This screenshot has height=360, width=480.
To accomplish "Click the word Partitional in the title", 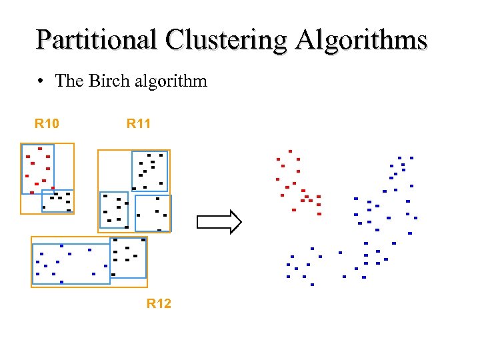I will pos(97,40).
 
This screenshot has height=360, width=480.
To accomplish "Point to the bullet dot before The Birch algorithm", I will pos(41,82).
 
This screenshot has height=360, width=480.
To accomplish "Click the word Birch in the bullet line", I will pos(105,81).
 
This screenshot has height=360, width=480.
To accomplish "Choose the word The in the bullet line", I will pos(69,81).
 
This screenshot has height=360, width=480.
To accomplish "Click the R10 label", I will pos(47,123).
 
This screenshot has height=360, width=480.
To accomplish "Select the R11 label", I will pos(139,123).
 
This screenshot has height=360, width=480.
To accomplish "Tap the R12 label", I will pos(159,303).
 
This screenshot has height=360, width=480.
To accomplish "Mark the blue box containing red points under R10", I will pos(37,169).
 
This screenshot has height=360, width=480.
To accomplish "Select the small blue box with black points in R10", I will pos(57,201).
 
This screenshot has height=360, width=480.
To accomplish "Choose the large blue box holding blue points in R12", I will pos(71,264).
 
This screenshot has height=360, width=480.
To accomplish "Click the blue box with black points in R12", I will pos(128,257).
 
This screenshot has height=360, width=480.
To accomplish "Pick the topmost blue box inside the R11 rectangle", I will pos(149,171).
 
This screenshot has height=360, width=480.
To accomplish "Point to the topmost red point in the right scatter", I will pos(290,151).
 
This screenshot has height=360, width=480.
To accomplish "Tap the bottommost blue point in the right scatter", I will pos(312,285).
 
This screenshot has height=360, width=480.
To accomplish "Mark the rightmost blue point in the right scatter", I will pos(415,218).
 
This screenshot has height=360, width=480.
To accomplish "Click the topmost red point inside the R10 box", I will pos(40,149).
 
